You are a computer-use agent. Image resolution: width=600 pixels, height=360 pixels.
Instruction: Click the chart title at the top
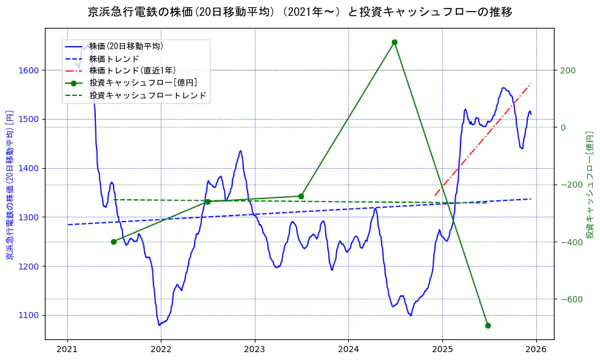pyautogui.click(x=300, y=12)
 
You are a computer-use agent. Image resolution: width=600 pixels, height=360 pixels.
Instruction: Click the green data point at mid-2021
pyautogui.click(x=113, y=242)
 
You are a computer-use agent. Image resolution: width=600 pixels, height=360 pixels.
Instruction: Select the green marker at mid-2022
pyautogui.click(x=207, y=202)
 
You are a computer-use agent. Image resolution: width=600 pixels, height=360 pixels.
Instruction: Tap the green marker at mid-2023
pyautogui.click(x=301, y=196)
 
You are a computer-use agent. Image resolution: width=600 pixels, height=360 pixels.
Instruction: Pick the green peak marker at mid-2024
pyautogui.click(x=394, y=42)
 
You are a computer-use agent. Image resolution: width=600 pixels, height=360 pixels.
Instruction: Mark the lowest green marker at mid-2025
pyautogui.click(x=488, y=325)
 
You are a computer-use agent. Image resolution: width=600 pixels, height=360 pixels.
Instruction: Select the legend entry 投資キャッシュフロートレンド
pyautogui.click(x=147, y=95)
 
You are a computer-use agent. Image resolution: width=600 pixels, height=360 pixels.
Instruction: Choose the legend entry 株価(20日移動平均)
pyautogui.click(x=126, y=46)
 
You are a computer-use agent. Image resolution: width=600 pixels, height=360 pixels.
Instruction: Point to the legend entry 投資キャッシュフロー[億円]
pyautogui.click(x=143, y=83)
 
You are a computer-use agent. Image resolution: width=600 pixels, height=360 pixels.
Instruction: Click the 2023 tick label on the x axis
pyautogui.click(x=254, y=350)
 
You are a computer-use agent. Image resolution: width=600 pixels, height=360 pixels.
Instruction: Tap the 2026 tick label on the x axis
pyautogui.click(x=536, y=350)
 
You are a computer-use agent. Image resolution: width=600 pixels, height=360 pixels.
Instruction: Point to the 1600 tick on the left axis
pyautogui.click(x=30, y=70)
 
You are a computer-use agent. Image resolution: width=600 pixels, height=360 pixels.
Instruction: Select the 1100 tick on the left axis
pyautogui.click(x=30, y=315)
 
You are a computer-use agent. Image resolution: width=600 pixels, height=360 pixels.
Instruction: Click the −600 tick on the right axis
pyautogui.click(x=570, y=299)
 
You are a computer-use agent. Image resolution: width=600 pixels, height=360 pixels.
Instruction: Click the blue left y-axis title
pyautogui.click(x=10, y=185)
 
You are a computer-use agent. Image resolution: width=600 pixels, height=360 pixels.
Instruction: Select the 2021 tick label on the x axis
pyautogui.click(x=67, y=350)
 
